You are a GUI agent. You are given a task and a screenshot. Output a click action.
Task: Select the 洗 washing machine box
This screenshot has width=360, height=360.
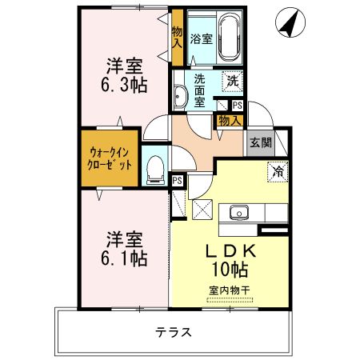click(232, 80)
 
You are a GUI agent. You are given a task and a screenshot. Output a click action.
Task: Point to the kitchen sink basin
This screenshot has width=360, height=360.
click(239, 212)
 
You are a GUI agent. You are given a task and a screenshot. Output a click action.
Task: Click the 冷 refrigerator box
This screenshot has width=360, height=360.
click(278, 171)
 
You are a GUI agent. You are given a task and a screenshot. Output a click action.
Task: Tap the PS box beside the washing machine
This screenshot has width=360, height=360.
click(238, 105)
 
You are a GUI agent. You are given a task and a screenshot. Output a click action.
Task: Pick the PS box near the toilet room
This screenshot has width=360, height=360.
click(178, 182)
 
